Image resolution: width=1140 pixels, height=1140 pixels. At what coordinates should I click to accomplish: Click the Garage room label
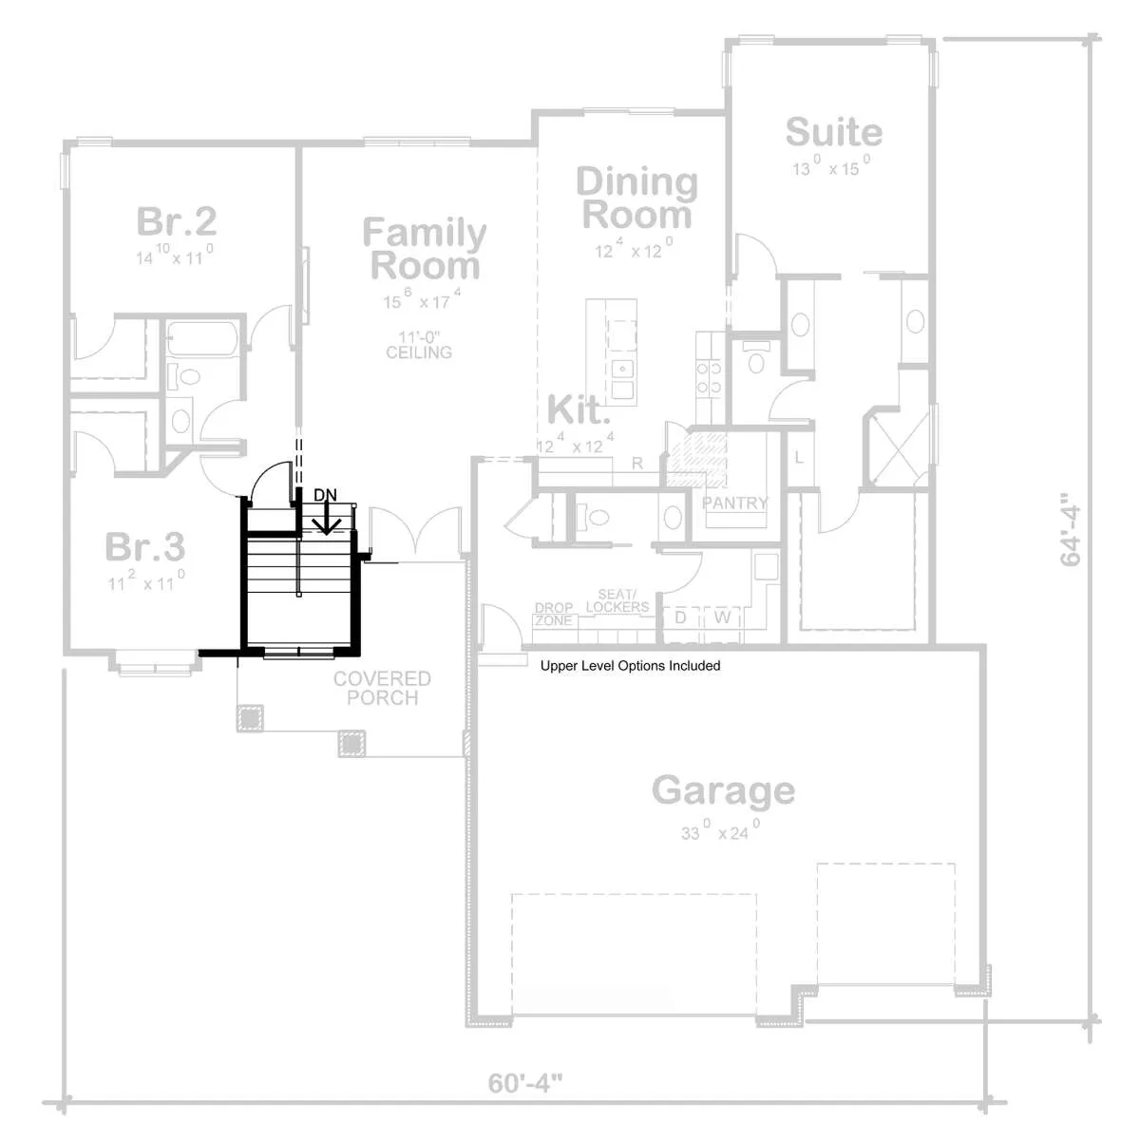click(723, 790)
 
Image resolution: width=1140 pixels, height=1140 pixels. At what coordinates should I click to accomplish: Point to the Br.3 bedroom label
click(145, 546)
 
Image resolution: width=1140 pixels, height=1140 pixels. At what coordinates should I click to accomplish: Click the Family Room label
click(424, 249)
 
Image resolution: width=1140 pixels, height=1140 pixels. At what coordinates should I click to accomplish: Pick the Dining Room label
click(636, 198)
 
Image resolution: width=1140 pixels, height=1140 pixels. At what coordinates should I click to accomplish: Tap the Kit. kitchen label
click(578, 409)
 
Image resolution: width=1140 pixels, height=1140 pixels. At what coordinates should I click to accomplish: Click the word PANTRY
click(735, 503)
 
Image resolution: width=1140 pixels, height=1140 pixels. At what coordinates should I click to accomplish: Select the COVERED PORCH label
click(382, 688)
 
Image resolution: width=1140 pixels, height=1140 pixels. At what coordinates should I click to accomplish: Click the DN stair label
click(325, 495)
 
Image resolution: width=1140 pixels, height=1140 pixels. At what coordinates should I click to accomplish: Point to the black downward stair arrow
click(326, 519)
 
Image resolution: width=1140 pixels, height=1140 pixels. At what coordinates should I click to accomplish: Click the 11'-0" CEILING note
click(419, 345)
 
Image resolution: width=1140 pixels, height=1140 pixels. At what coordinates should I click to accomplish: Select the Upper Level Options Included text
click(630, 666)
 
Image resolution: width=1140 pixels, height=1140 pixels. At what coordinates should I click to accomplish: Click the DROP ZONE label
click(554, 614)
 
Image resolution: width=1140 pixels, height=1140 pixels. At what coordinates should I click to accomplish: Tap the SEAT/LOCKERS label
click(617, 600)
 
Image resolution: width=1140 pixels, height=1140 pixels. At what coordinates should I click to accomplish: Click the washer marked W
click(722, 617)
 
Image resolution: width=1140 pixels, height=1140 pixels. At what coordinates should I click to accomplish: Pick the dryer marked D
click(680, 617)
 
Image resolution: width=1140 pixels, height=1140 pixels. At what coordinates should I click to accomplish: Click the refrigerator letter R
click(637, 464)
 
